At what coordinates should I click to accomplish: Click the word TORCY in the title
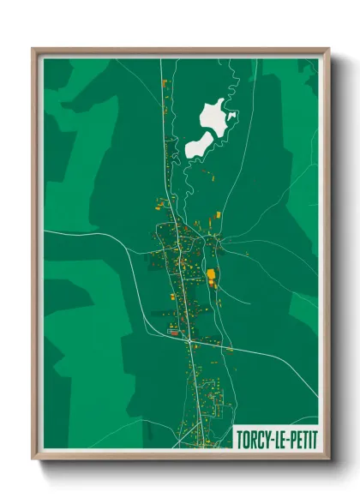click(252, 438)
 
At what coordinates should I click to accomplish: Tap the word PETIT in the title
click(299, 438)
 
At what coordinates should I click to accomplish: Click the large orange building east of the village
click(211, 274)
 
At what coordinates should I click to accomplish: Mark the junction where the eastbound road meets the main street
click(189, 340)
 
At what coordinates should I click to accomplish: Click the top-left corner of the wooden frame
click(34, 50)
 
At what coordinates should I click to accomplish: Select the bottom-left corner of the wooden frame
click(34, 458)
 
